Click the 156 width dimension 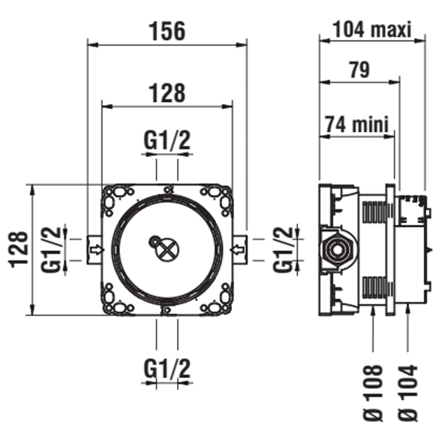[x=167, y=30]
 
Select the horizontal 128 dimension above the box [x=167, y=93]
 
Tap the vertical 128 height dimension [x=18, y=249]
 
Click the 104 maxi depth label [x=372, y=28]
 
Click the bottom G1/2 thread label [x=167, y=367]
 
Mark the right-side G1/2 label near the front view [x=285, y=249]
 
